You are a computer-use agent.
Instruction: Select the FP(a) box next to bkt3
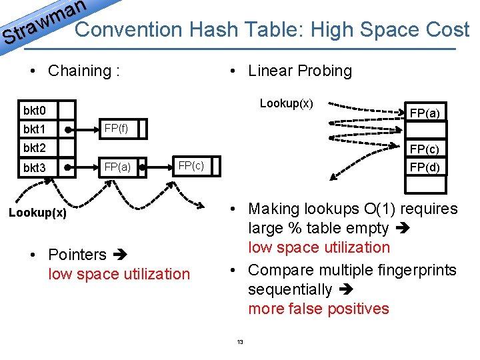116,167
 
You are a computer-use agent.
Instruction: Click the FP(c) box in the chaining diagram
191,165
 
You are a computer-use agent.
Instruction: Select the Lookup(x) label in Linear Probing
286,103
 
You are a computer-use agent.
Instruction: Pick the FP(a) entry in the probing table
424,113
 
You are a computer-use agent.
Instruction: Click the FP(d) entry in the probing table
424,167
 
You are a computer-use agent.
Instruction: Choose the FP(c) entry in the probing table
424,149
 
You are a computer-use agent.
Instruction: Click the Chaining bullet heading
84,71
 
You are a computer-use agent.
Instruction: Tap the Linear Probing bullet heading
299,71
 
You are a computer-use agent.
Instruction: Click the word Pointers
77,255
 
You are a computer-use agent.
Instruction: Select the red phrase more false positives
318,309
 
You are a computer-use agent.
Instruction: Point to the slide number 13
240,343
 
